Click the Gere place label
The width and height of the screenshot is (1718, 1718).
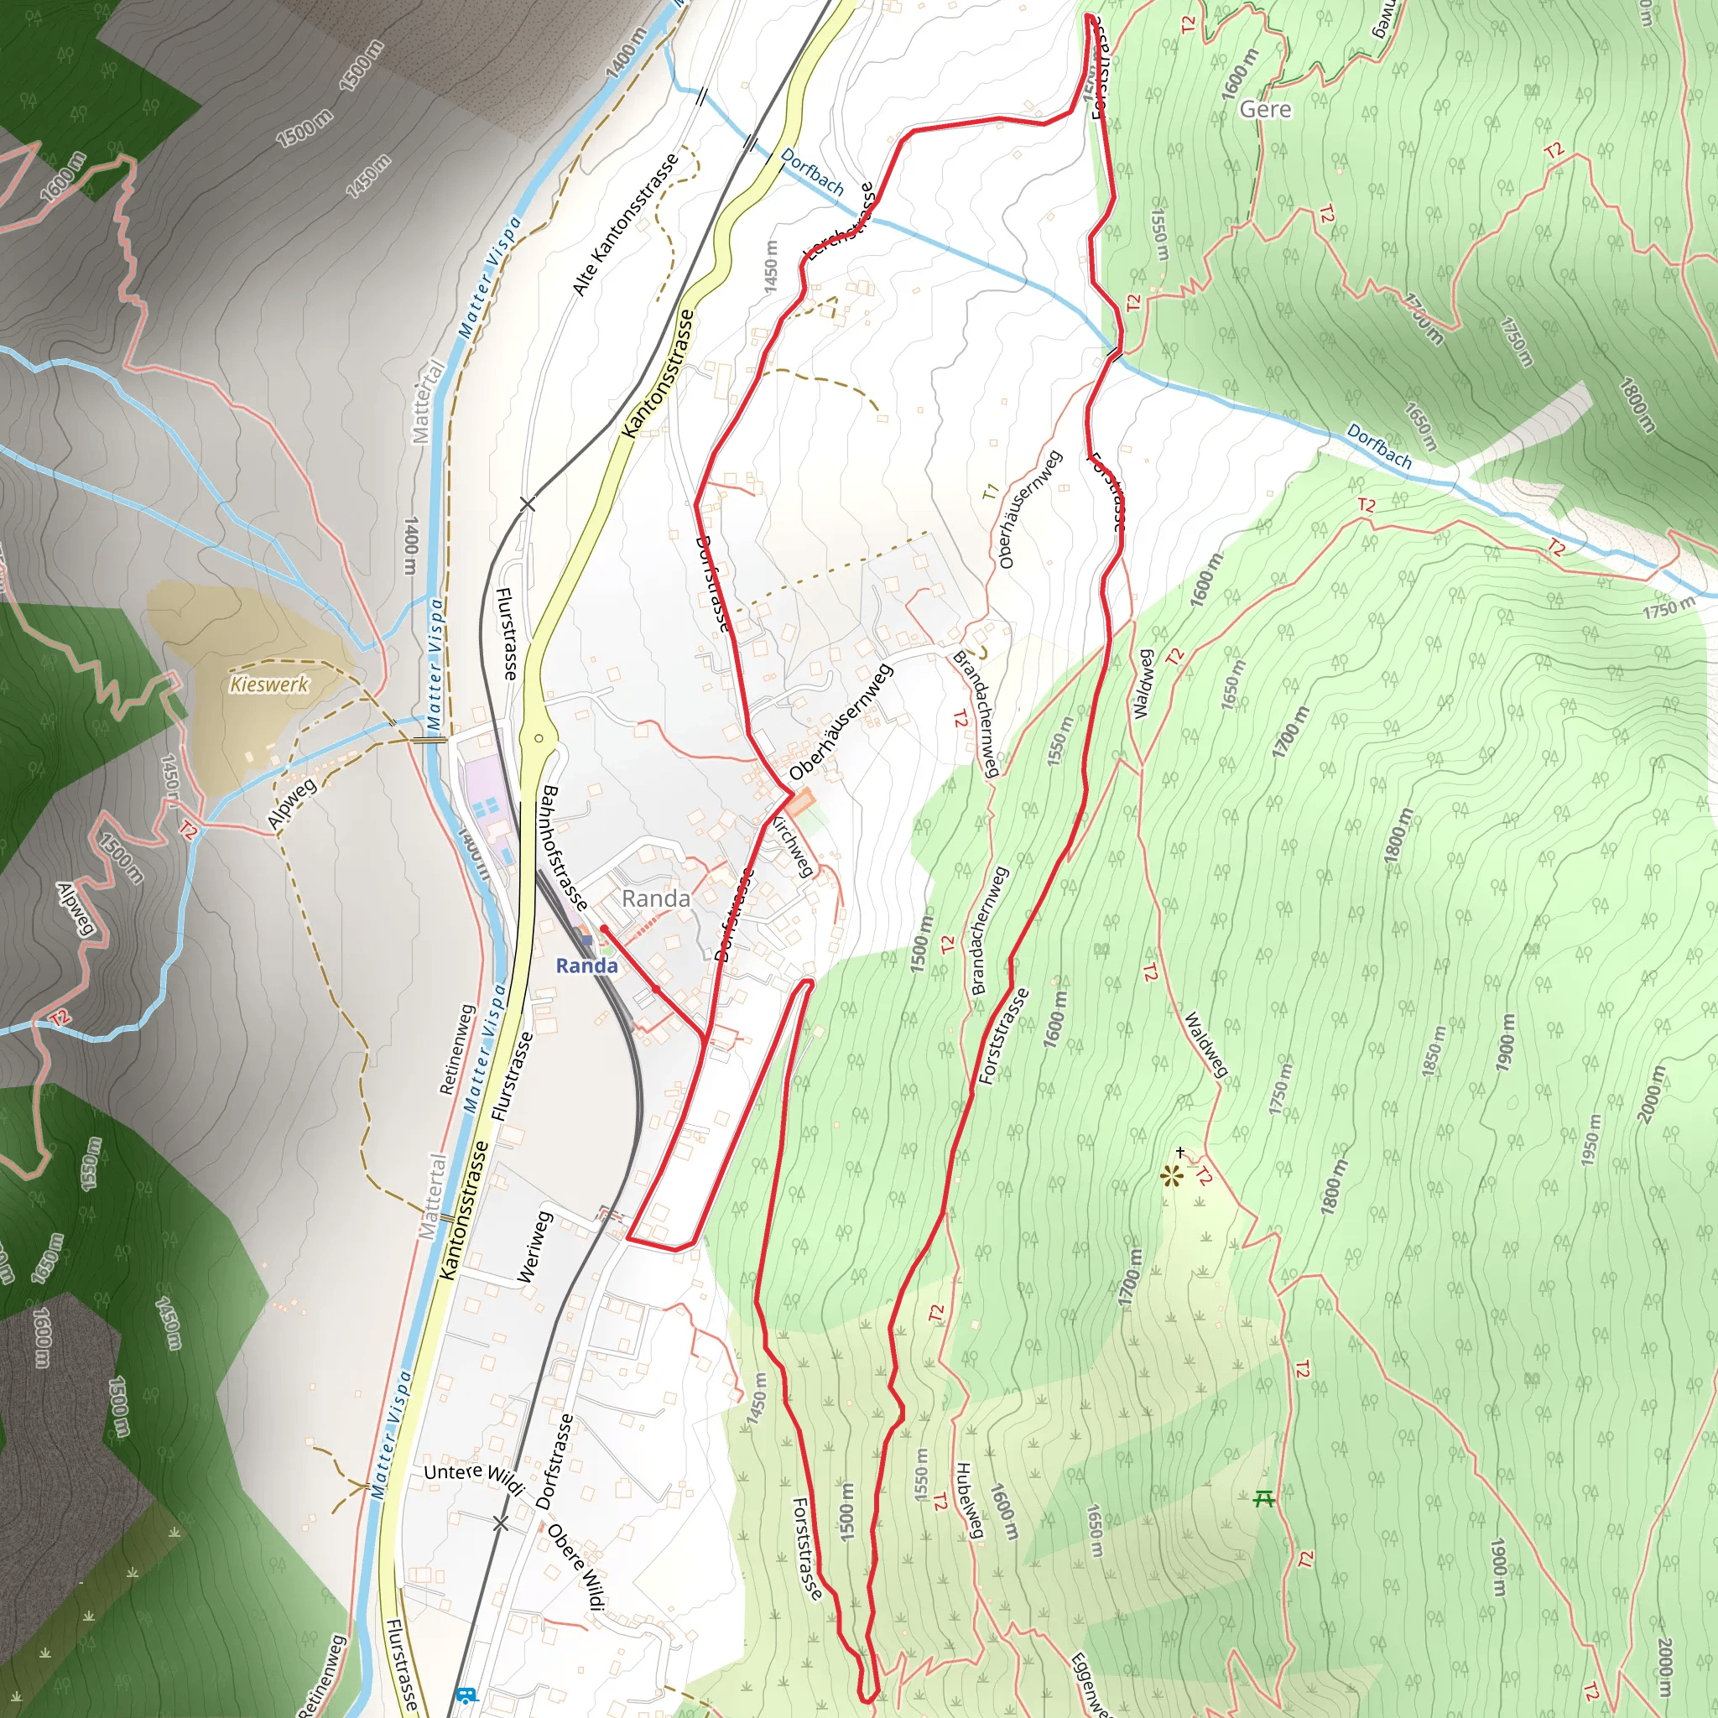1264,109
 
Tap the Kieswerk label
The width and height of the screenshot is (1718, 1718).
268,684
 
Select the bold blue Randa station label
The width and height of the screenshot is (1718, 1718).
587,966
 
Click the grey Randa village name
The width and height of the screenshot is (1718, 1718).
655,899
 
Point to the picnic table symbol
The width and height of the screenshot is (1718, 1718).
1263,1499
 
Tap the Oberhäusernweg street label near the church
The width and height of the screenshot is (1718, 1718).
841,722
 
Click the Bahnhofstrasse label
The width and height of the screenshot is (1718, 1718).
564,846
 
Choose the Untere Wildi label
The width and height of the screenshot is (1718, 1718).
474,1477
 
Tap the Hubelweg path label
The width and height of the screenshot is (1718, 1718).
969,1500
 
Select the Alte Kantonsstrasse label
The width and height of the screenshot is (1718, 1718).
624,224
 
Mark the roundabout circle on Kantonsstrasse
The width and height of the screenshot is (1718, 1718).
539,738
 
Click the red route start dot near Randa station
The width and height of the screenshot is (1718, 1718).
604,929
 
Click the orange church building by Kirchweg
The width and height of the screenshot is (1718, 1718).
799,803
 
